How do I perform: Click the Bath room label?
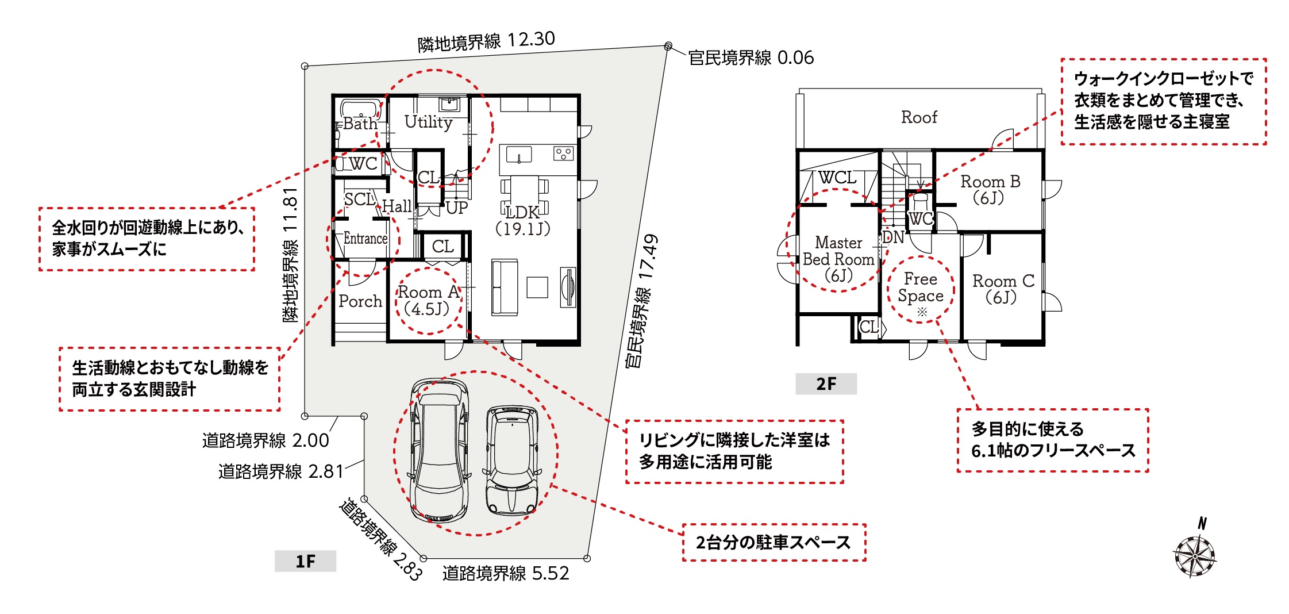(x=360, y=124)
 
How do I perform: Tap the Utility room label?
(x=428, y=122)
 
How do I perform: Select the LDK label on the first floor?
(x=522, y=212)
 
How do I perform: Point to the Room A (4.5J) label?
(x=429, y=300)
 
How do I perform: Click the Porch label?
(x=360, y=301)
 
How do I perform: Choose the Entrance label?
(x=365, y=238)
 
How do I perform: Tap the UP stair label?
(x=457, y=208)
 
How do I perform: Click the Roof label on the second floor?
(x=919, y=117)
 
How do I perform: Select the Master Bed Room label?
(x=838, y=259)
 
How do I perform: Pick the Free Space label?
(x=921, y=287)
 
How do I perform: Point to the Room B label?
(x=990, y=190)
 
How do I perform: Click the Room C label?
(x=1003, y=289)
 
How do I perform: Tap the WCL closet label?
(x=837, y=178)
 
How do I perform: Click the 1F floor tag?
(x=305, y=561)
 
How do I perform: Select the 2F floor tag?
(x=826, y=383)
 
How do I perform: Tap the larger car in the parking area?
(x=440, y=450)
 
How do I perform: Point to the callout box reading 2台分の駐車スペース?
(x=774, y=542)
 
